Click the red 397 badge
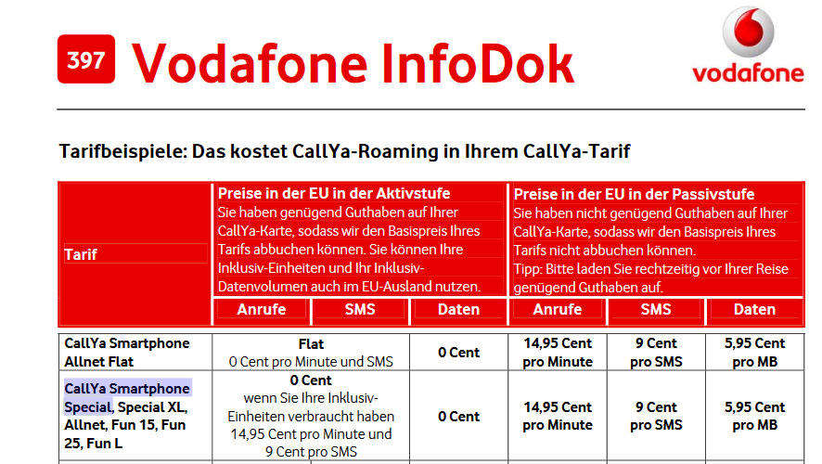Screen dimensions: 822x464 point(86,59)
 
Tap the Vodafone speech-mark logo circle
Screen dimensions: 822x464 point(748,32)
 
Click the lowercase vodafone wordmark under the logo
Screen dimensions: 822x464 point(748,74)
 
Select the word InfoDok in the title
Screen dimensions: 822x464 point(478,64)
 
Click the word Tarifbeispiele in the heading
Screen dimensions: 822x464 point(122,151)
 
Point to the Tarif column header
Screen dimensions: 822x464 point(81,254)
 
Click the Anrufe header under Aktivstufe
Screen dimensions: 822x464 point(261,309)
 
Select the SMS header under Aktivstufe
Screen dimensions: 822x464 point(360,309)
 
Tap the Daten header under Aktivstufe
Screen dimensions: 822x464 point(458,309)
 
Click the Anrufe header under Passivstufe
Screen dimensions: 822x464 point(558,309)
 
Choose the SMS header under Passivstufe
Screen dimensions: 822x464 point(656,309)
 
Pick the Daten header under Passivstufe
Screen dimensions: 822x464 point(754,309)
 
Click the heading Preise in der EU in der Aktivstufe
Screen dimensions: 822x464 point(334,193)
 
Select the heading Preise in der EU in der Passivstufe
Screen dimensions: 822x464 point(634,195)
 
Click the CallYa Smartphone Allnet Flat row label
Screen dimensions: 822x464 point(127,353)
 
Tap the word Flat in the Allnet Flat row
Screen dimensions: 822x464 point(311,344)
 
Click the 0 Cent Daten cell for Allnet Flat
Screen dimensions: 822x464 point(458,353)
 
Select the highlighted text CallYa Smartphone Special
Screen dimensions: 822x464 point(127,397)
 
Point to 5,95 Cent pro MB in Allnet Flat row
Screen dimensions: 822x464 point(754,353)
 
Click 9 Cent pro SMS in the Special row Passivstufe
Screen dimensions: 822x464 point(656,416)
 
